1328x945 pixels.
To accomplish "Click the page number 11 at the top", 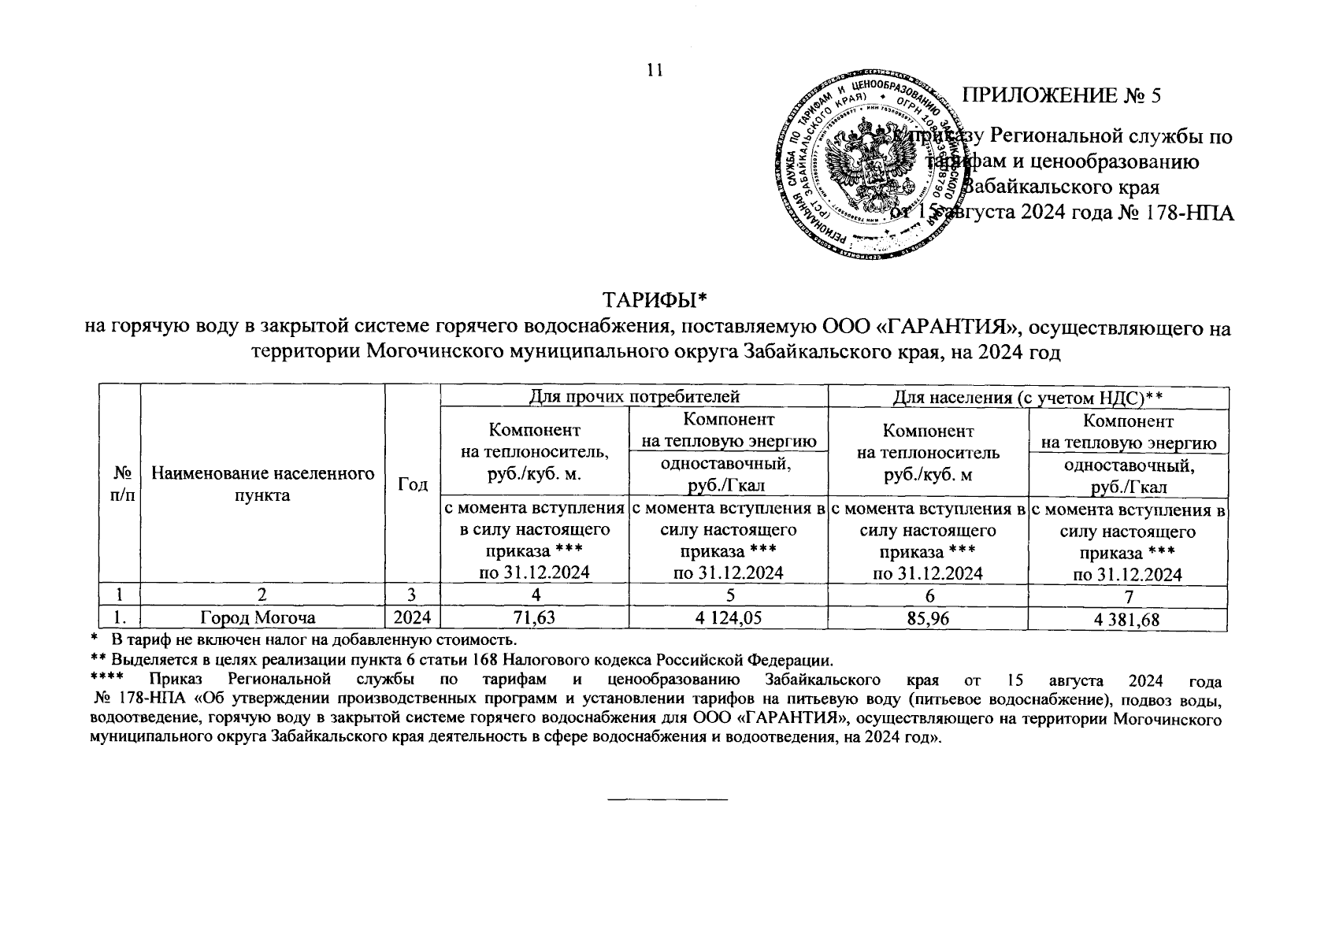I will pos(655,70).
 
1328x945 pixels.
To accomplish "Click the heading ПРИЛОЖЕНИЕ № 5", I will pos(1063,95).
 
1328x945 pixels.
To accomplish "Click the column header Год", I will pos(413,484).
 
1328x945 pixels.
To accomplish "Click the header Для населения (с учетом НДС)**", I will pos(1028,397).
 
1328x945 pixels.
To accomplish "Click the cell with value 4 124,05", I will pos(729,619).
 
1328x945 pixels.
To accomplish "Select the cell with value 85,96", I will pos(929,619).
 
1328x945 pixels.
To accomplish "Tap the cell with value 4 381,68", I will pos(1127,621).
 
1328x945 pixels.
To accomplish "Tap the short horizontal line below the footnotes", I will pos(667,801).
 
